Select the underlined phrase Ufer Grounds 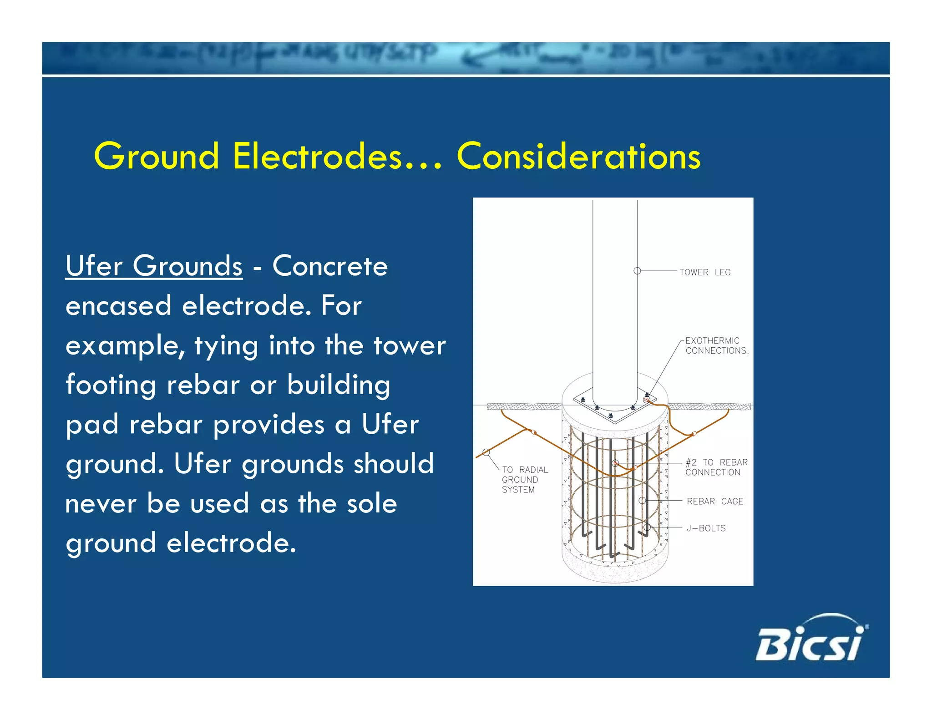pos(154,266)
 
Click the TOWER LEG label pos(705,272)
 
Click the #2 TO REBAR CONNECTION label pos(716,467)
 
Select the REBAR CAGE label pos(714,501)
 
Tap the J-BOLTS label pos(706,528)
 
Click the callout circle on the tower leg pos(637,271)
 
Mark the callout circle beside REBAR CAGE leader pos(642,500)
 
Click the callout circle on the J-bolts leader pos(647,527)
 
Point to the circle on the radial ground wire pos(486,452)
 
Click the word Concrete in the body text pos(330,266)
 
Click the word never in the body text pos(101,504)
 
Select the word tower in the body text pos(409,345)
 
